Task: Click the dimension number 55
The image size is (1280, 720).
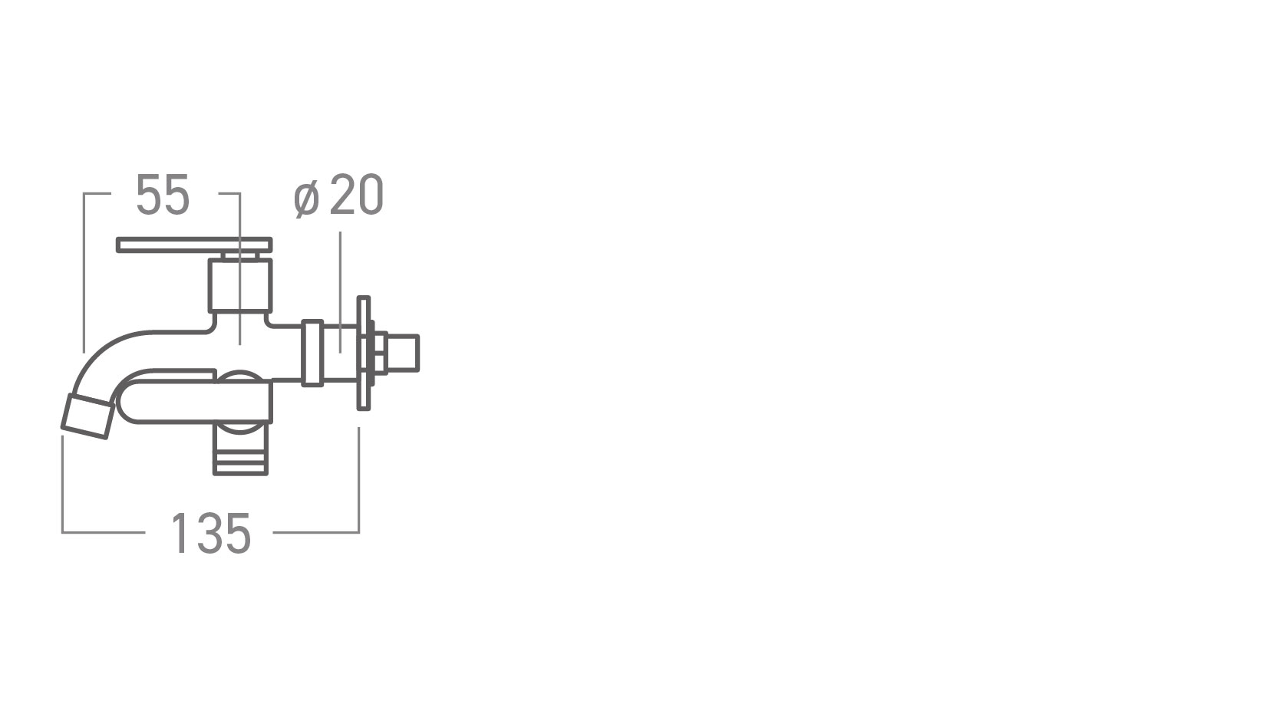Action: (162, 196)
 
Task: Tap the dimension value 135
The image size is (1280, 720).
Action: (211, 534)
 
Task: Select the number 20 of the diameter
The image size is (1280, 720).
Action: (357, 196)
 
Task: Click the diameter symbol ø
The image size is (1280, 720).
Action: (306, 199)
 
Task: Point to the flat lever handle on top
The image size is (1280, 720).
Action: (194, 245)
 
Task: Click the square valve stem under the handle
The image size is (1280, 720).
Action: (239, 285)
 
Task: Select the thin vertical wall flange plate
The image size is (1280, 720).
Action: (364, 353)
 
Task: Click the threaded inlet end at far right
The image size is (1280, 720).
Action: (404, 353)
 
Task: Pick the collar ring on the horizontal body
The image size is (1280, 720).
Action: (312, 353)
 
